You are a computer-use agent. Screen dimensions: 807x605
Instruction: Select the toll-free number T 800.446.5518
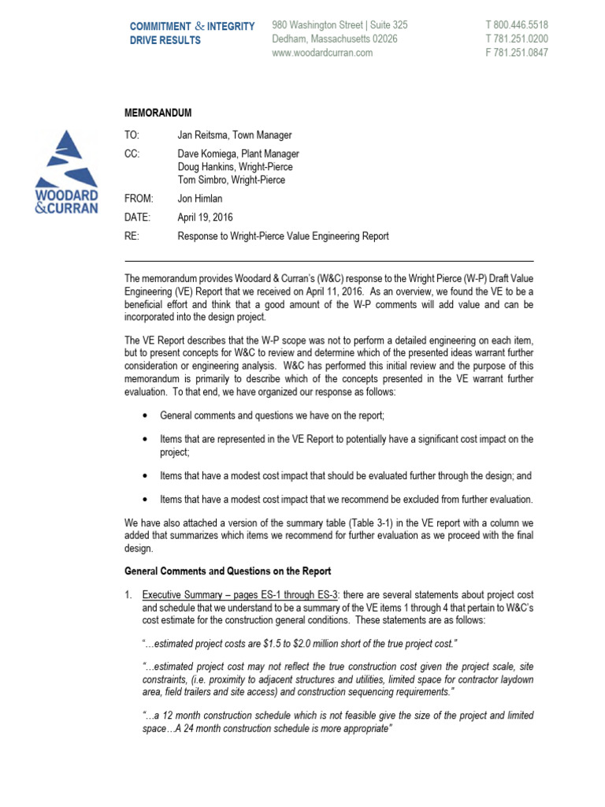[x=517, y=25]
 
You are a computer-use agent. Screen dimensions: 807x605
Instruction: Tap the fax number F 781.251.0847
[x=517, y=53]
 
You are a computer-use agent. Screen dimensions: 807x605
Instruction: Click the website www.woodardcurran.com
[x=322, y=53]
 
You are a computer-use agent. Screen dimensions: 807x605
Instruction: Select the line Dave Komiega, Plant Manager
[x=239, y=154]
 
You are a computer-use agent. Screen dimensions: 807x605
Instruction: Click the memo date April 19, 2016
[x=206, y=217]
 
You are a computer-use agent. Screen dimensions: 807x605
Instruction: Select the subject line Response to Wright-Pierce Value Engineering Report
[x=284, y=236]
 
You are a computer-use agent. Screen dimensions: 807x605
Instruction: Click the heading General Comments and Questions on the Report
[x=228, y=571]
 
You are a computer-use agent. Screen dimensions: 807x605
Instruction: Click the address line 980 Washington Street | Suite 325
[x=340, y=25]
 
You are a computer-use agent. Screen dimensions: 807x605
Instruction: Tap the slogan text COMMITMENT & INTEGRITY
[x=192, y=26]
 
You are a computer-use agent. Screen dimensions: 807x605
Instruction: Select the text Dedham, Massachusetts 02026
[x=334, y=39]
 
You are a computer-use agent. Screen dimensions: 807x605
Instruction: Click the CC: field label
[x=132, y=154]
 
